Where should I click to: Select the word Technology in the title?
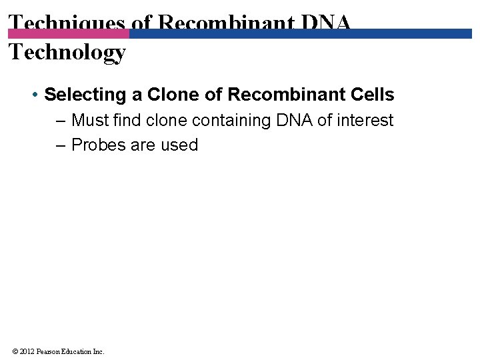(x=67, y=52)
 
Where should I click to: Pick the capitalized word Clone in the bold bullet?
(x=174, y=95)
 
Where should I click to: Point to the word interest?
(x=365, y=121)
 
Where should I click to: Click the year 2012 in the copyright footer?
(x=29, y=351)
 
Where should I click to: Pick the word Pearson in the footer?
(x=51, y=351)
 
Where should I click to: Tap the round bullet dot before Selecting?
(x=35, y=95)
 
